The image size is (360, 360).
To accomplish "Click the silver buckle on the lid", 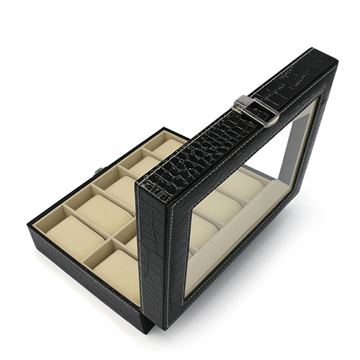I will [x=258, y=109].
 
